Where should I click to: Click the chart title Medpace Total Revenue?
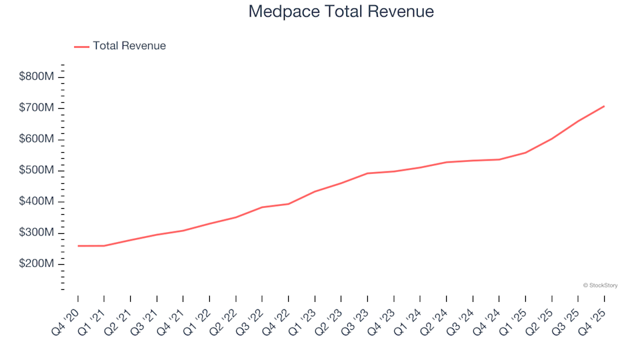(341, 11)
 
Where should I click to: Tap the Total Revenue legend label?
(129, 46)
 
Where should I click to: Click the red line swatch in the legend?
(81, 47)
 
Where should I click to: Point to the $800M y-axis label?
(37, 77)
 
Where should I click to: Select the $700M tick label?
(37, 108)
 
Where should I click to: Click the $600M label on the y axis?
(37, 139)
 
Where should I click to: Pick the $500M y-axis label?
(37, 171)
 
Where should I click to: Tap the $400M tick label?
(37, 202)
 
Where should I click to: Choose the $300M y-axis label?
(37, 233)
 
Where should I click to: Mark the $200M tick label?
(37, 264)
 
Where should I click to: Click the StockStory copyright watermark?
(600, 285)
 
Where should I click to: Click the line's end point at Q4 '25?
(604, 106)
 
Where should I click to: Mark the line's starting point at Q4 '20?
(78, 246)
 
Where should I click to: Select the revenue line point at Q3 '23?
(367, 173)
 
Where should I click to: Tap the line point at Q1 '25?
(525, 153)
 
